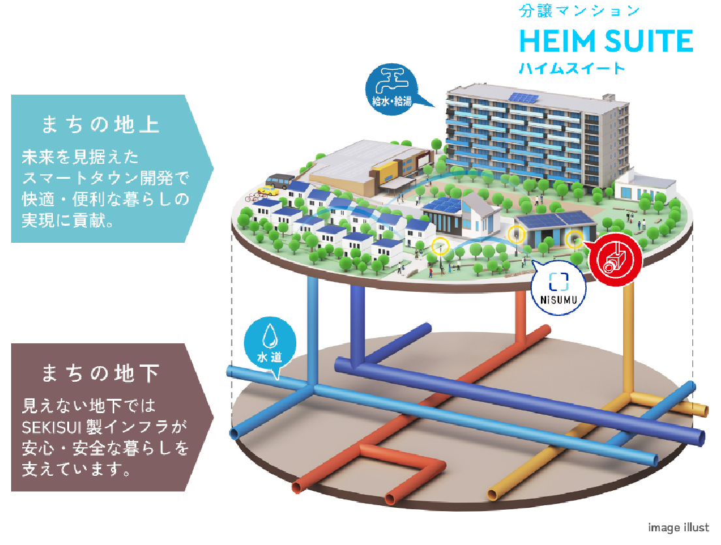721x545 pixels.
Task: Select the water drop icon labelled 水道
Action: [269, 344]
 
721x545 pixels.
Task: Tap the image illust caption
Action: [678, 527]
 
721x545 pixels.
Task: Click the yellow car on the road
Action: [267, 191]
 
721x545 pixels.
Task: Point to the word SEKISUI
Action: [50, 428]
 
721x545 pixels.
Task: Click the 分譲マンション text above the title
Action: [579, 11]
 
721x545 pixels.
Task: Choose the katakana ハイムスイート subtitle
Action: [572, 68]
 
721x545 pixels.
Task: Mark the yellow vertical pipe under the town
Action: [628, 339]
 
